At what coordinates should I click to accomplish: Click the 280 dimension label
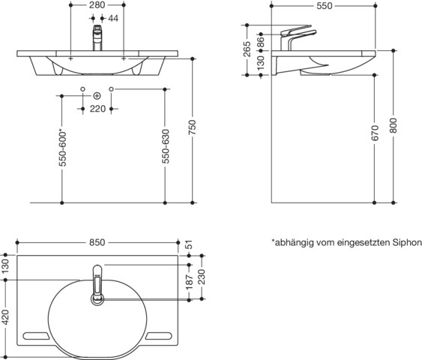coord(97,5)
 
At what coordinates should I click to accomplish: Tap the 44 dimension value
coord(113,18)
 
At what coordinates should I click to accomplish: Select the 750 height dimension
coord(192,127)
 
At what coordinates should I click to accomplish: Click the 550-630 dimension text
coord(165,146)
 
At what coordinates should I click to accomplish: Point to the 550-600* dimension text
coord(62,149)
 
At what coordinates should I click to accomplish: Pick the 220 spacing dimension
coord(97,109)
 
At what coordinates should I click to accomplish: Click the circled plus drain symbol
coord(97,96)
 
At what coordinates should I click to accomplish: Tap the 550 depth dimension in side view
coord(325,6)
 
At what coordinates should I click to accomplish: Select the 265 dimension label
coord(247,49)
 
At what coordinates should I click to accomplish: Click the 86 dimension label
coord(261,42)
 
